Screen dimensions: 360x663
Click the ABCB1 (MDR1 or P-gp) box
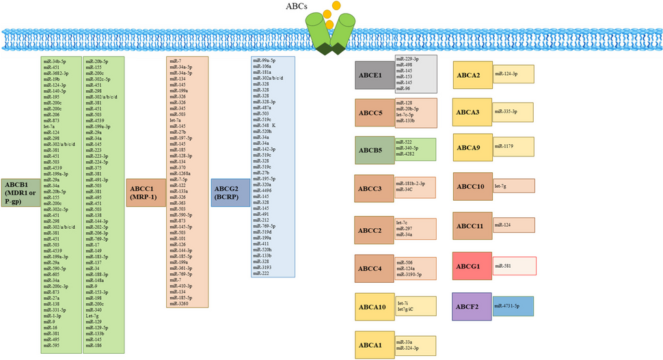tap(21, 193)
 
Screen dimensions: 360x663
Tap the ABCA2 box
tap(472, 75)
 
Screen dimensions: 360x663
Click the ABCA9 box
tap(472, 148)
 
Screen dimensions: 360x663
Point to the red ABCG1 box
tap(472, 266)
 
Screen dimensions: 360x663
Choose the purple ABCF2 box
tap(472, 307)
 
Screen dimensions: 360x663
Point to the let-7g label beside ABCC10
tap(502, 185)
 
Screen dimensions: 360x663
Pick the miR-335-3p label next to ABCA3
tap(506, 111)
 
